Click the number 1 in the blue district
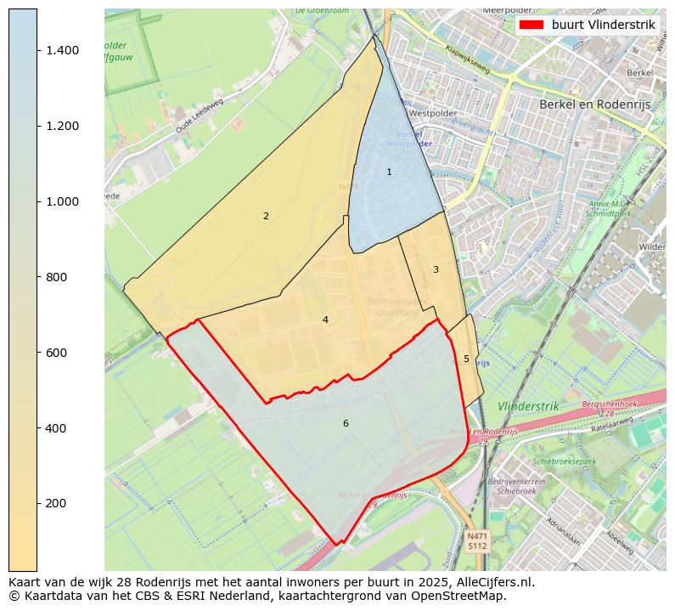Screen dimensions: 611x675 click(x=389, y=172)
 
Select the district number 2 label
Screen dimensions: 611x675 click(x=266, y=216)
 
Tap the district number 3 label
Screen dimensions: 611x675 click(x=436, y=269)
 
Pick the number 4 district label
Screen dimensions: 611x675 click(x=325, y=320)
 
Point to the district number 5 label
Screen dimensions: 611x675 click(x=466, y=359)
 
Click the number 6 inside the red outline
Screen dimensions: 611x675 click(x=346, y=423)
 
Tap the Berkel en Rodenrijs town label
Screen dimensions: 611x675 click(x=598, y=104)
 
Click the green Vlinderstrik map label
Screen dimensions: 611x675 click(x=528, y=406)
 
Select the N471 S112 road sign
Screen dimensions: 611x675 click(x=476, y=540)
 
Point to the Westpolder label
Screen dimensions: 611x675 click(x=432, y=112)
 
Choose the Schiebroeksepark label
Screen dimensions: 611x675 click(x=565, y=461)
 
